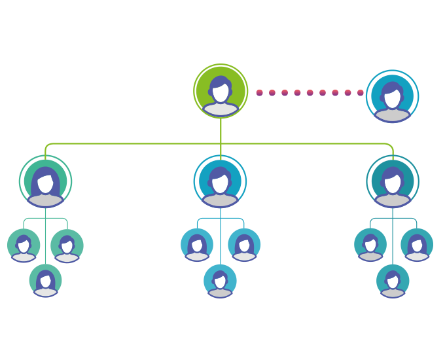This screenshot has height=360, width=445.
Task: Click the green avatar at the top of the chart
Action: coord(221,92)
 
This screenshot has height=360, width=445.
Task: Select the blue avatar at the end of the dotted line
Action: coord(392,96)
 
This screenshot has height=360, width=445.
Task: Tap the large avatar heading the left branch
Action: coord(45,181)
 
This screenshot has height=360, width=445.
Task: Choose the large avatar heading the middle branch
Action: coord(221,181)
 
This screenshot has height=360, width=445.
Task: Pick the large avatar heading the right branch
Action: coord(393,181)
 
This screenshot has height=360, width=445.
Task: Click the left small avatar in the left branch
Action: coord(24,245)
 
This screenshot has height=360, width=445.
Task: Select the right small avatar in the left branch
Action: coord(67,245)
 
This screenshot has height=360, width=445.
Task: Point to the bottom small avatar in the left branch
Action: coord(45,281)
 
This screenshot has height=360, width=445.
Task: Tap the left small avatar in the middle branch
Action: coord(197,245)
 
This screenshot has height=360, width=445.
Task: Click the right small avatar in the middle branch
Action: coord(244,245)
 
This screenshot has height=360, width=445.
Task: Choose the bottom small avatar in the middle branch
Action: coord(220,281)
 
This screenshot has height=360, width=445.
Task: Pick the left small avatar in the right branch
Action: coord(370,245)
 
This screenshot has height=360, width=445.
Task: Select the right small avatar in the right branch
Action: coord(417,245)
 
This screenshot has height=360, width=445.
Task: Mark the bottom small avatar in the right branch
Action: coord(393,281)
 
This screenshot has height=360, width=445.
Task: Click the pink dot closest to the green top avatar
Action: coord(260,93)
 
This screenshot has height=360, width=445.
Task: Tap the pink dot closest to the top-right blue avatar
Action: coord(360,93)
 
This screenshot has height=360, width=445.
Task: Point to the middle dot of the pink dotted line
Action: coord(310,93)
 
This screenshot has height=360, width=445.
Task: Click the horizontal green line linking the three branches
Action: coord(131,143)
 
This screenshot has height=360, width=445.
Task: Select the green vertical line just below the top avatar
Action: coord(221,131)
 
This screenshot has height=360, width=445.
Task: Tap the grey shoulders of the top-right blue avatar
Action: coord(392,115)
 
